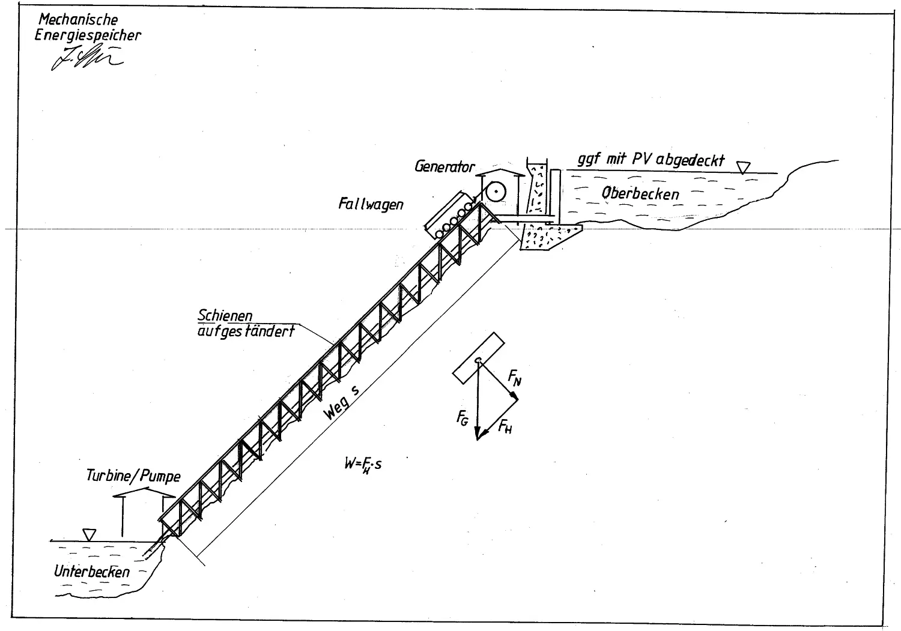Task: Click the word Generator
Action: click(444, 166)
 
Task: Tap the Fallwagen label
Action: click(371, 204)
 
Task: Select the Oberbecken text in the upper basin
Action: click(640, 193)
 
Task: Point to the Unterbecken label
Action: click(91, 572)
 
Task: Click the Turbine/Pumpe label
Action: click(133, 476)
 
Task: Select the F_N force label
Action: click(515, 377)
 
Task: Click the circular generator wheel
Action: click(496, 192)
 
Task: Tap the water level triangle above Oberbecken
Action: click(744, 167)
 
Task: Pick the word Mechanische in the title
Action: click(78, 20)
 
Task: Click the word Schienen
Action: click(225, 316)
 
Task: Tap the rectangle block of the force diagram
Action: click(478, 357)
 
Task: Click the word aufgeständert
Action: click(246, 330)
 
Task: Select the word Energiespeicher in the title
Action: click(88, 35)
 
